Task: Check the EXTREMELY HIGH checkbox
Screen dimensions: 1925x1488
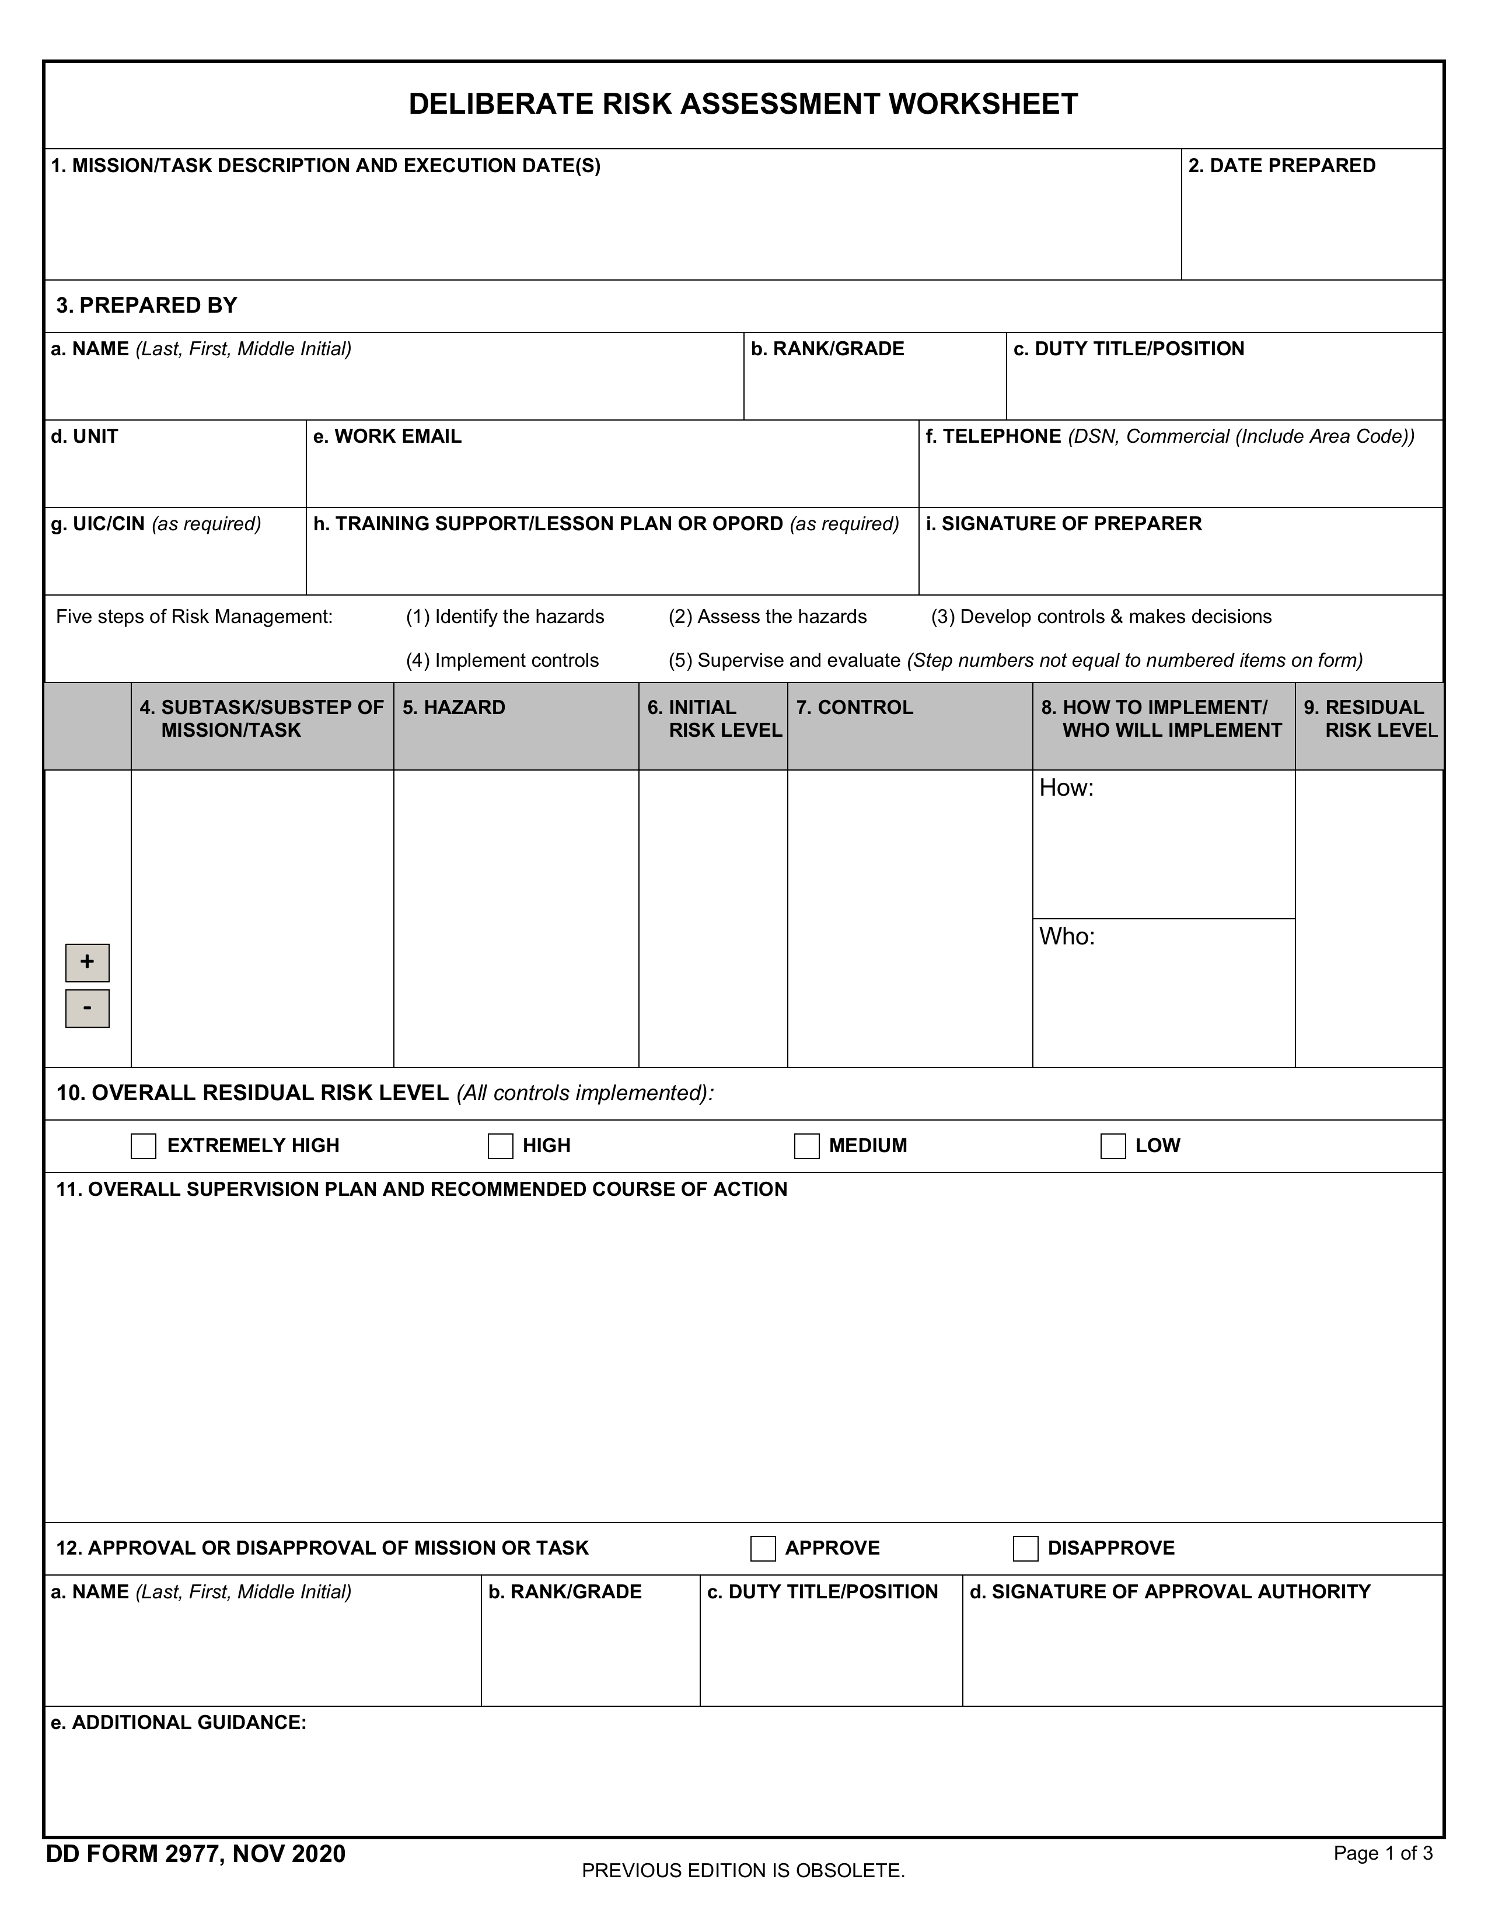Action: (x=143, y=1146)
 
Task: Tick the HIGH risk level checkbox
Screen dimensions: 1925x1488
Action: (x=500, y=1146)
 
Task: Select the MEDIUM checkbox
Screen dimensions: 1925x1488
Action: (x=806, y=1146)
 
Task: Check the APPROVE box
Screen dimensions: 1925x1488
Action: (x=763, y=1549)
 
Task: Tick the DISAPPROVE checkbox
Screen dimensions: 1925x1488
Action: (x=1025, y=1549)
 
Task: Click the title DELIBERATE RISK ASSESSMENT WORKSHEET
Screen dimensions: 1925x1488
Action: (x=743, y=104)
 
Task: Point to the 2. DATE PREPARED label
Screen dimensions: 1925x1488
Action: (x=1282, y=166)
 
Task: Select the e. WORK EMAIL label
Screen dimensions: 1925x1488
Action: (x=387, y=436)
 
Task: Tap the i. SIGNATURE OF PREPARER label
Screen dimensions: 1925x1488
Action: (x=1063, y=524)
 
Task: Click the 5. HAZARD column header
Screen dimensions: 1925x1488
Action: (x=454, y=708)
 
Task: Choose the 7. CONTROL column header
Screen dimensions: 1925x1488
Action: (x=854, y=708)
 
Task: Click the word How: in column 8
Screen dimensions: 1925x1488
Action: (x=1066, y=788)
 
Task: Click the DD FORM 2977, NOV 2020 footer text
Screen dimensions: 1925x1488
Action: (x=195, y=1854)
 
